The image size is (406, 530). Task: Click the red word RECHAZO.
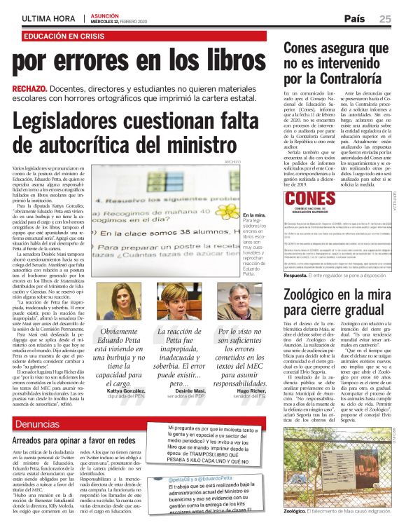point(29,88)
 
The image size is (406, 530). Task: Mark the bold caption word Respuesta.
point(300,275)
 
